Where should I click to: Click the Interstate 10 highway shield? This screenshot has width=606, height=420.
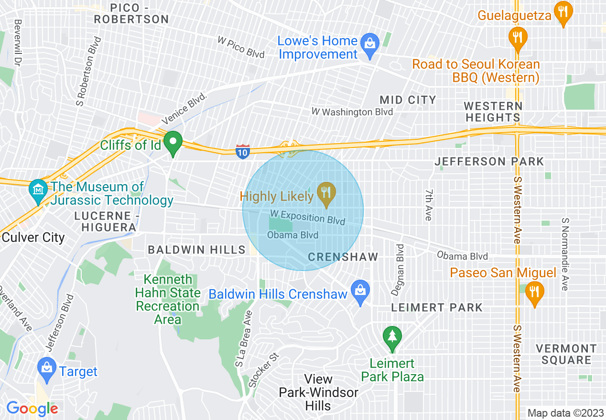coord(243,152)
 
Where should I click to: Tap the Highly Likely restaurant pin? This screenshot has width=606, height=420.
coord(326,194)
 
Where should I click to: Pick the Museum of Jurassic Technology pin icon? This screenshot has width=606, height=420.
coord(38,190)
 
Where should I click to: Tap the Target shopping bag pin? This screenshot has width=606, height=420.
coord(47,369)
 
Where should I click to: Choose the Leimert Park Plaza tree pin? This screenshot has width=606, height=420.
coord(392,336)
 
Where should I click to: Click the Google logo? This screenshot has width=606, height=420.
coord(32,409)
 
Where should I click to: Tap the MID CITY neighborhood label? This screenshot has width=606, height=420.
coord(408,100)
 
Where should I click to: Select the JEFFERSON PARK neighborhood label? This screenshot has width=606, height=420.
coord(489,162)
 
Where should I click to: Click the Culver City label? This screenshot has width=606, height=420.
coord(33,237)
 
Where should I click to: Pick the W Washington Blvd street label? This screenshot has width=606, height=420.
coord(352,112)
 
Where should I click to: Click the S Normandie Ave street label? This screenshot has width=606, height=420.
coord(565,254)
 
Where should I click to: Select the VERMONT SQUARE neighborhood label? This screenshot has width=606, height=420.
coord(566,354)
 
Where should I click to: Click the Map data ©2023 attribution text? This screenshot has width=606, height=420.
coord(565,413)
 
